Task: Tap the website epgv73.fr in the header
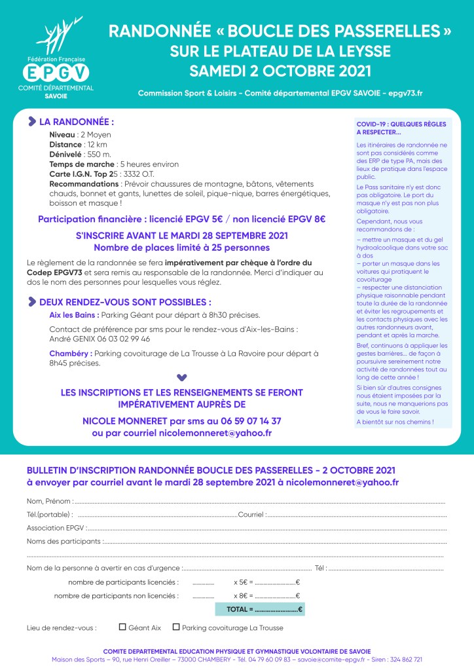pos(405,94)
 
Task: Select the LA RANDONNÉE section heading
pos(77,122)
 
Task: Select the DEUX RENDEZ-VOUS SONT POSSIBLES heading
pos(125,302)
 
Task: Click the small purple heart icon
pos(182,377)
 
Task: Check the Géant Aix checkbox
pos(122,627)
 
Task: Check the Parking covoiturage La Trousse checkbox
pos(176,627)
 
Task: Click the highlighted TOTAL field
pos(260,609)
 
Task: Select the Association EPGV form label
pos(56,527)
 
